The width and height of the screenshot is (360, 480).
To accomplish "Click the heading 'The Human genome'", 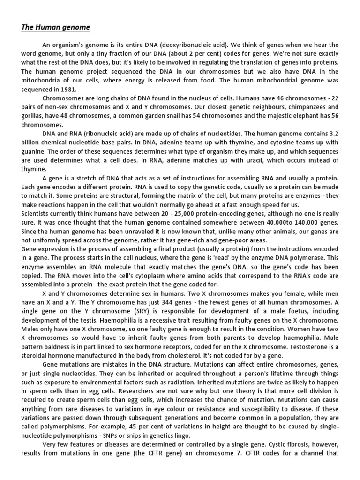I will (55, 27).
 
